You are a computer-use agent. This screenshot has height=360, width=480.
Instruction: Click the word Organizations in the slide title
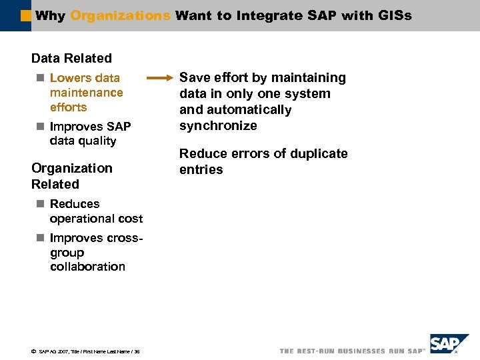(x=120, y=15)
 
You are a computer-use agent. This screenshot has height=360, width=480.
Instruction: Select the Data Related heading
(x=71, y=59)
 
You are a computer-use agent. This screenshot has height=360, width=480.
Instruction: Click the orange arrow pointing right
(x=159, y=78)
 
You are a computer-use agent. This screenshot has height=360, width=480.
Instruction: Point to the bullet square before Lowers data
(x=40, y=78)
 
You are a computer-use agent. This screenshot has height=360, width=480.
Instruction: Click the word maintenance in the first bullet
(x=86, y=93)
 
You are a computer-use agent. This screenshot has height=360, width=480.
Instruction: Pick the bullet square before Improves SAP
(x=40, y=127)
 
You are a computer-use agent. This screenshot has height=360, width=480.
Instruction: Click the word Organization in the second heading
(x=72, y=168)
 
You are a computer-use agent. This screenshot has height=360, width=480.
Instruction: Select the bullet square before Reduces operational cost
(x=40, y=204)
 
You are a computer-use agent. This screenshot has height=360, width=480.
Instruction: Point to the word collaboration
(x=87, y=267)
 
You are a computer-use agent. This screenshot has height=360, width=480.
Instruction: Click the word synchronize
(x=218, y=126)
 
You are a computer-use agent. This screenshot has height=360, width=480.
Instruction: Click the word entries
(x=201, y=170)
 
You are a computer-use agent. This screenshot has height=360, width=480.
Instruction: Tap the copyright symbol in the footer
(x=33, y=351)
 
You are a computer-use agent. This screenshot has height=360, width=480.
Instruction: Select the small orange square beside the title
(x=25, y=14)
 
